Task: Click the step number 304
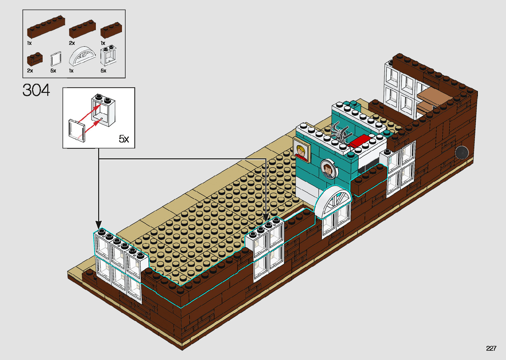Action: pyautogui.click(x=36, y=90)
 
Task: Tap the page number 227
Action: pyautogui.click(x=491, y=348)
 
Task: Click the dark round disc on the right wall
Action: pyautogui.click(x=462, y=153)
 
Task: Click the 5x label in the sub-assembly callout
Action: pyautogui.click(x=124, y=139)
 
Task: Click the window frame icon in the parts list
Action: pyautogui.click(x=108, y=57)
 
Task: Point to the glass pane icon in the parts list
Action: pyautogui.click(x=56, y=60)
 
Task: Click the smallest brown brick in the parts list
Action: pyautogui.click(x=34, y=60)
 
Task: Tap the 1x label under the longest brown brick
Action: pyautogui.click(x=29, y=43)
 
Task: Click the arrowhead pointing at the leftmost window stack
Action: pyautogui.click(x=98, y=224)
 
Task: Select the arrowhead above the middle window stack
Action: pyautogui.click(x=266, y=218)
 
